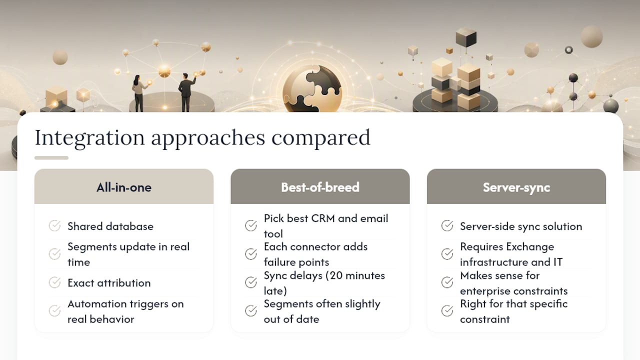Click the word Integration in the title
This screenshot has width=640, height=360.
[89, 138]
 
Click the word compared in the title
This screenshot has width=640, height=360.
[320, 138]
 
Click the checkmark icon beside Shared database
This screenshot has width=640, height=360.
[54, 225]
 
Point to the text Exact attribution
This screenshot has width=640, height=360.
[109, 283]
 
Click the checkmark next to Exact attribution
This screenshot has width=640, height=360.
[54, 282]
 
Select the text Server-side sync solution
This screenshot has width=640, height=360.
[521, 226]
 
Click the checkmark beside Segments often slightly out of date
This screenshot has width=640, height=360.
[251, 310]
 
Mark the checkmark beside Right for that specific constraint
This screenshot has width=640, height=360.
[447, 310]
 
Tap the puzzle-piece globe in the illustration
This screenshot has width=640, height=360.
[312, 89]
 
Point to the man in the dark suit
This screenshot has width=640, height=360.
[186, 92]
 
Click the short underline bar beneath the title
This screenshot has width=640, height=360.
[51, 157]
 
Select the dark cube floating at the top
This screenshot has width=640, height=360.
[466, 37]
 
